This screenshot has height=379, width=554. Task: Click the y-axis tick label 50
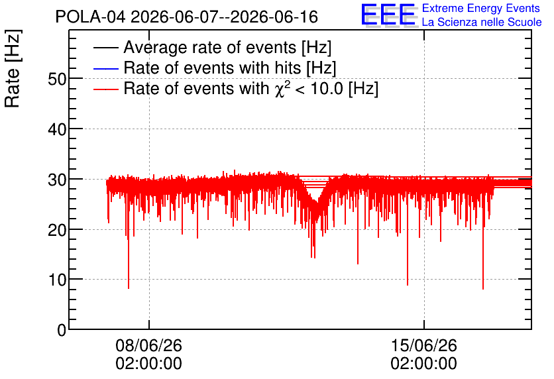click(57, 79)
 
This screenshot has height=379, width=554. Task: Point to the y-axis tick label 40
click(57, 130)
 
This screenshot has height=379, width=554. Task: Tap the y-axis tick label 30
click(57, 180)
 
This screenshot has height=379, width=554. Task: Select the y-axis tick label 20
click(57, 231)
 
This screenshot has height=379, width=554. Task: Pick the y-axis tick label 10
click(57, 280)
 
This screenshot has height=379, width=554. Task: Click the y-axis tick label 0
click(62, 331)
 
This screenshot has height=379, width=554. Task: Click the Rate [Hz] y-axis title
click(13, 68)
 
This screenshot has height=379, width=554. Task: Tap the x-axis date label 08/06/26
click(148, 345)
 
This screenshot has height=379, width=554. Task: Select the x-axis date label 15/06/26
click(423, 345)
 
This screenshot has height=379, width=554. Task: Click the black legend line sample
click(105, 48)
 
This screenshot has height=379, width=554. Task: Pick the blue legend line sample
click(105, 68)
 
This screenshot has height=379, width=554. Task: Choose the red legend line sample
click(105, 89)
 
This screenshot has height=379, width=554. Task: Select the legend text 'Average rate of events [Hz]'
click(227, 48)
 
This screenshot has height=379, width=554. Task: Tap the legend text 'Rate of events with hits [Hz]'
click(230, 68)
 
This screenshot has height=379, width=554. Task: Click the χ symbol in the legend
click(279, 90)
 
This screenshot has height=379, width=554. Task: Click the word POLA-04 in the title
click(90, 17)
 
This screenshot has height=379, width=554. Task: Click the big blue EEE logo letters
click(388, 15)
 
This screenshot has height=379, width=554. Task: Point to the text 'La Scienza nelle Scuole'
click(482, 23)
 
